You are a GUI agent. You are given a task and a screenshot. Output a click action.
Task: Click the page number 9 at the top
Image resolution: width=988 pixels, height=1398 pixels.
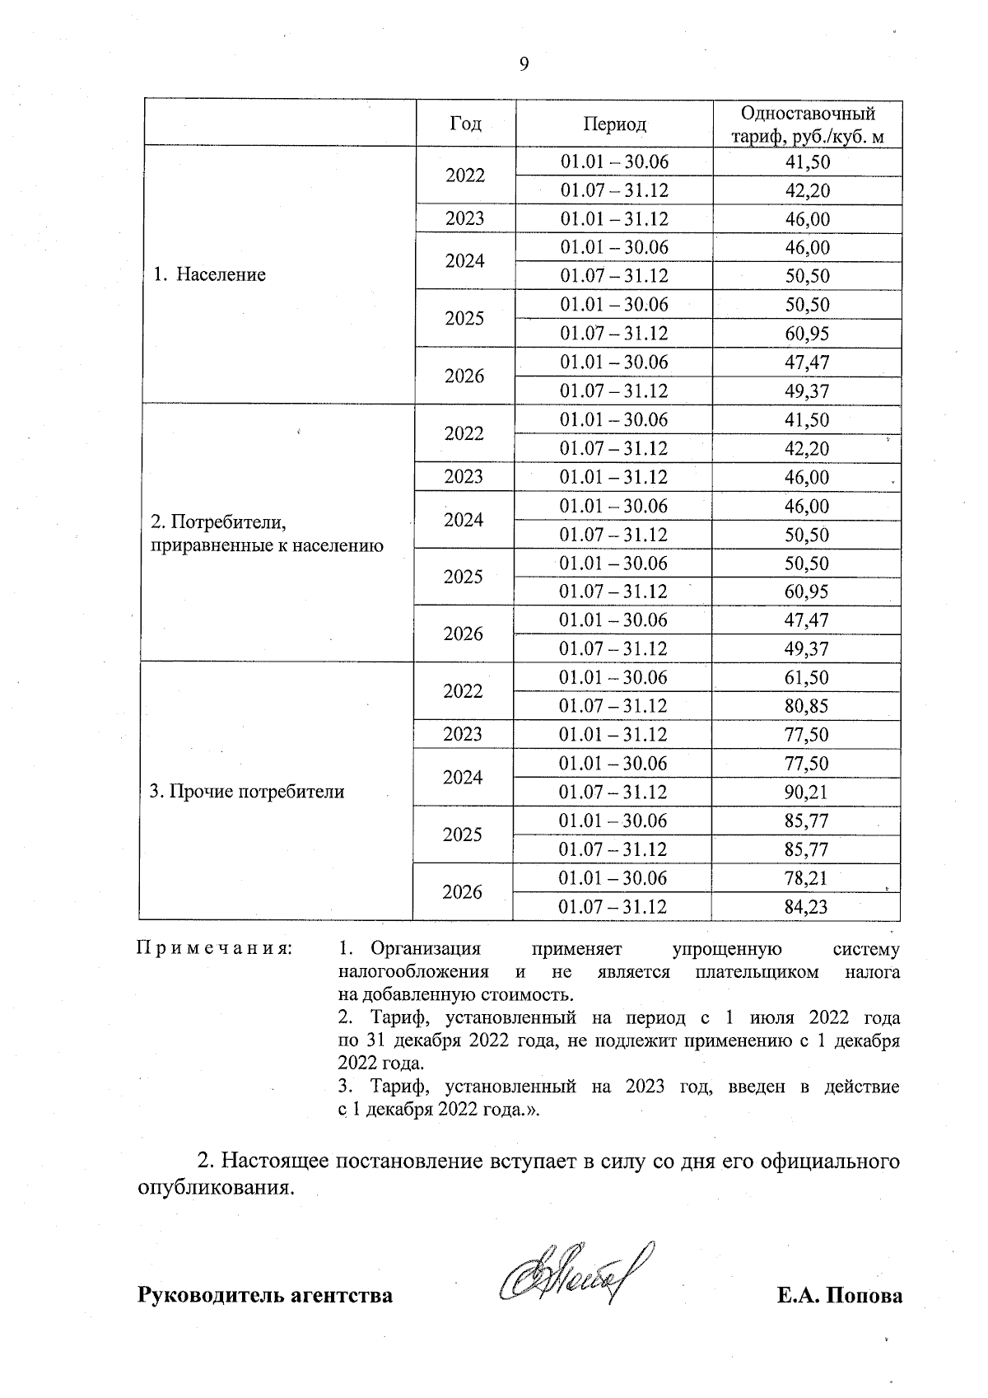point(524,65)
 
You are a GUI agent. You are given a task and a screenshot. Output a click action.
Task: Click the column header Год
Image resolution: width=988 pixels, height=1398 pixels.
point(466,124)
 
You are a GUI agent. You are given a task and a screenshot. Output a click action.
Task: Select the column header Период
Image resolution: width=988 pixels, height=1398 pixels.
point(614,124)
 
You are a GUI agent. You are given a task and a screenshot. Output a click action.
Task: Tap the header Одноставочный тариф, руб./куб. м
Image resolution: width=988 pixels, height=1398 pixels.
point(808,125)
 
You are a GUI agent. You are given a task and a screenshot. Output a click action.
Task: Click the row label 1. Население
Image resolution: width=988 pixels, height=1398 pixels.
point(210,275)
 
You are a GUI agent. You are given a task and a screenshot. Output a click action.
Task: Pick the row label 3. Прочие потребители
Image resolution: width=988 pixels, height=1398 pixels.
point(247,793)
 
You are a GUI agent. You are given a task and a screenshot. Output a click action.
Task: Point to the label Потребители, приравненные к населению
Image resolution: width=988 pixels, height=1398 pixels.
point(267,534)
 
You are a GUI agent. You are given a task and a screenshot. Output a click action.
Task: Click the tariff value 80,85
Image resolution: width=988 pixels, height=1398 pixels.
point(807,706)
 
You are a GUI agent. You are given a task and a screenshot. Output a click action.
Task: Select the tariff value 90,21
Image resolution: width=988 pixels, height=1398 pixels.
point(807,793)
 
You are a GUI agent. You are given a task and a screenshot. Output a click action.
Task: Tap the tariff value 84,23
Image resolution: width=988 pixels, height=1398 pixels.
point(807,907)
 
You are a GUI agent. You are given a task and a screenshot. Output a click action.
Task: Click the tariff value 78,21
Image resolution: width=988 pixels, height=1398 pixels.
point(807,878)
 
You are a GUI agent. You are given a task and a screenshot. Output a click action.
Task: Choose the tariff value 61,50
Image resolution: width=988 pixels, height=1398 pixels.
point(807,678)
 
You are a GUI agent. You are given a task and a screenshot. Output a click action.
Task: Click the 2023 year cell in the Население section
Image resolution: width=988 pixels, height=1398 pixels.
point(465,219)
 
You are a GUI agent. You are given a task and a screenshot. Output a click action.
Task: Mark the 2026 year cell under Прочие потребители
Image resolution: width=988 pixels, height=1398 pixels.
point(463,892)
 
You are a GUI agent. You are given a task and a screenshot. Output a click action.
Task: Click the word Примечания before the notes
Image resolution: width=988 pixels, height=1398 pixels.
point(214,949)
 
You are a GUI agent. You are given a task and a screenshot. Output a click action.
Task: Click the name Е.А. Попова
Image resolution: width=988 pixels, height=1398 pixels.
point(839,1296)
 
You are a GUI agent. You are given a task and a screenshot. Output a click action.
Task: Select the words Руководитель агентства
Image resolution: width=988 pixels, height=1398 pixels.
point(264,1296)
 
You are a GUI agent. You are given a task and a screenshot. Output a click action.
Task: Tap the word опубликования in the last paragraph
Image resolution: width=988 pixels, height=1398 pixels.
point(214,1189)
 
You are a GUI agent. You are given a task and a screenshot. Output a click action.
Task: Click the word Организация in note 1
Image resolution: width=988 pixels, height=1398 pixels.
point(425,949)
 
